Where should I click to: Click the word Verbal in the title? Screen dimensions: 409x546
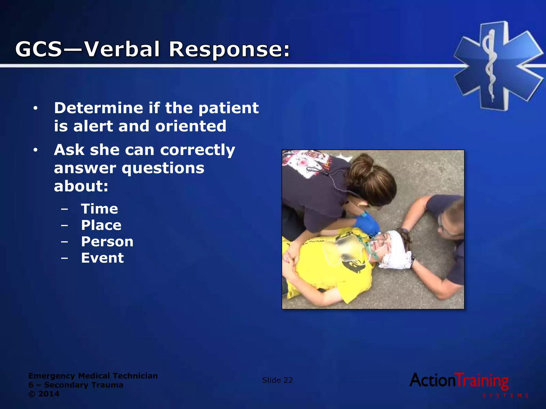122,49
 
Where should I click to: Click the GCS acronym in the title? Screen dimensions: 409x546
39,49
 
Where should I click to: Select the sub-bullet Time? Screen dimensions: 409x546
99,209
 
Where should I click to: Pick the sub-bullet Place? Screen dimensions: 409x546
101,225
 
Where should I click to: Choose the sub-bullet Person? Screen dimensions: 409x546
107,242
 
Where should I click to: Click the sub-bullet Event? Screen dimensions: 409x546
102,258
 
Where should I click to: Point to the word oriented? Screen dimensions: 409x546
191,126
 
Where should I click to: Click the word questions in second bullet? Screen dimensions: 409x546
163,168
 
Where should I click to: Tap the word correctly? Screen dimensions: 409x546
198,150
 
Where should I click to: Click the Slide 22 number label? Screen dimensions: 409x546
277,380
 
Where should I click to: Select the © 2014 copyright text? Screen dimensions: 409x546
44,394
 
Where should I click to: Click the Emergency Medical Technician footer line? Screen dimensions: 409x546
93,376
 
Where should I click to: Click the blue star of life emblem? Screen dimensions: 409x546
498,66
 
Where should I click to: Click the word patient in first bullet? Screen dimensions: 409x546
228,108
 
